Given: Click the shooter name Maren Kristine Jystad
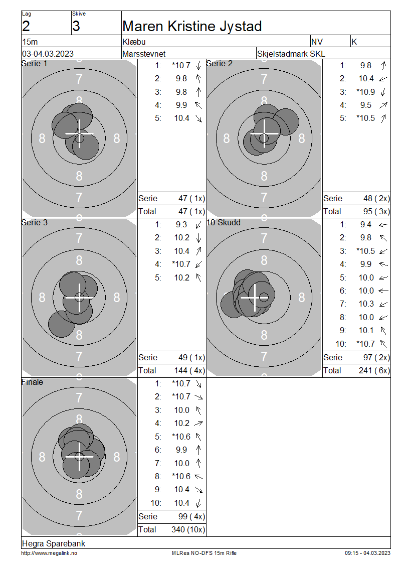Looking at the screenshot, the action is point(192,27).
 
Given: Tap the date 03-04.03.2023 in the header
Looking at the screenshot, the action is point(48,54).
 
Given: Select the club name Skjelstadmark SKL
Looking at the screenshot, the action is point(291,54).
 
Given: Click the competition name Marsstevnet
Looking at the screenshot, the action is point(144,54).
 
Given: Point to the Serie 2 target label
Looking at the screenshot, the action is point(219,64).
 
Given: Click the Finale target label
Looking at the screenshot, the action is point(32,382).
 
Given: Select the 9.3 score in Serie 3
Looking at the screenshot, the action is point(181,225).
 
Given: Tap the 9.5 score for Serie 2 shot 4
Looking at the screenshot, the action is point(365,105).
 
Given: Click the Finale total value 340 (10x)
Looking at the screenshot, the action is point(188,530).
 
